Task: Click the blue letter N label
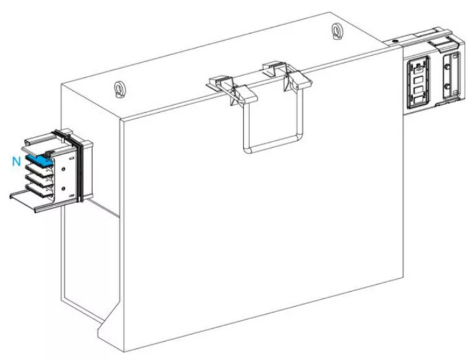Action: click(x=16, y=162)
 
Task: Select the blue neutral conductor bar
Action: click(x=39, y=160)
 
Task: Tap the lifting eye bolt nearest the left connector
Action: click(x=118, y=90)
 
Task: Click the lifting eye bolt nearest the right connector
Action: click(x=335, y=31)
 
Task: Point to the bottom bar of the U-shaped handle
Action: click(x=273, y=145)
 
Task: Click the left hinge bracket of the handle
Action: click(x=232, y=88)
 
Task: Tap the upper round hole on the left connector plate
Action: click(x=64, y=169)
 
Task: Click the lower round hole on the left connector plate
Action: click(x=64, y=189)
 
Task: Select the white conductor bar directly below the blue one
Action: click(x=38, y=169)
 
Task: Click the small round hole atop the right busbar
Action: click(x=395, y=40)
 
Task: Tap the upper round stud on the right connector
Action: click(x=447, y=65)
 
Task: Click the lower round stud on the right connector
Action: click(x=447, y=86)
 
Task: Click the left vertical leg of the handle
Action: click(x=246, y=127)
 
